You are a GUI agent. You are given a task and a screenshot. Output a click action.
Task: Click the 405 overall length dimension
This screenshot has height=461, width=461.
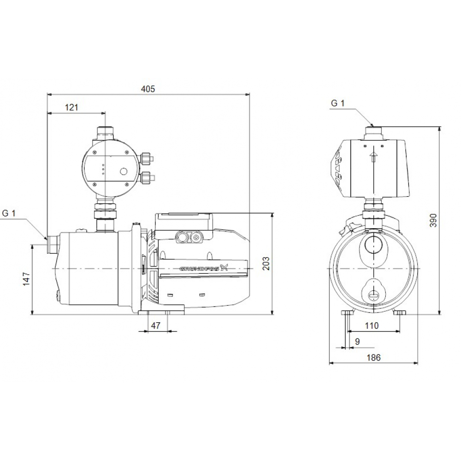click(x=148, y=89)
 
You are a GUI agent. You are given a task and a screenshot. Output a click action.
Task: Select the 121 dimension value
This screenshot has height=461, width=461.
click(x=71, y=107)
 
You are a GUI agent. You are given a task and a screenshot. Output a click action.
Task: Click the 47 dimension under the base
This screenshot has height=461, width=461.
click(x=156, y=325)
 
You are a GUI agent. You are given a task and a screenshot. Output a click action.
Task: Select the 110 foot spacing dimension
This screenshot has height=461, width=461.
click(x=371, y=325)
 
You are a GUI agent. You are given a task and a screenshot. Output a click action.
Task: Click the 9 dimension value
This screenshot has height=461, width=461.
click(x=358, y=342)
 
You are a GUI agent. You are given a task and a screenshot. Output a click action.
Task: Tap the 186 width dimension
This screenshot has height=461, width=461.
click(x=374, y=358)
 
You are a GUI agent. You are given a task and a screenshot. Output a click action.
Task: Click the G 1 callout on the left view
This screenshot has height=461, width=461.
click(x=9, y=213)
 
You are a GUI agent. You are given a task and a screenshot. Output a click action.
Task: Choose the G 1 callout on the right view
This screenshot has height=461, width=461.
click(x=337, y=103)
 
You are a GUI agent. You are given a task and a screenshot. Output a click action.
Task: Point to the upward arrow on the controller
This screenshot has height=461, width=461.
click(x=373, y=157)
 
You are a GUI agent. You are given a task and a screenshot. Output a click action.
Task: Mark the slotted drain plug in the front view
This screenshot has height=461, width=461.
click(x=373, y=294)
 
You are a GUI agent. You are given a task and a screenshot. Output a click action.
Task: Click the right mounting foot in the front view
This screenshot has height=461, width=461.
click(x=400, y=313)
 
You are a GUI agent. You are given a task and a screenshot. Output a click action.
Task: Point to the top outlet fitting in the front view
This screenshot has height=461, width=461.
click(x=373, y=132)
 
